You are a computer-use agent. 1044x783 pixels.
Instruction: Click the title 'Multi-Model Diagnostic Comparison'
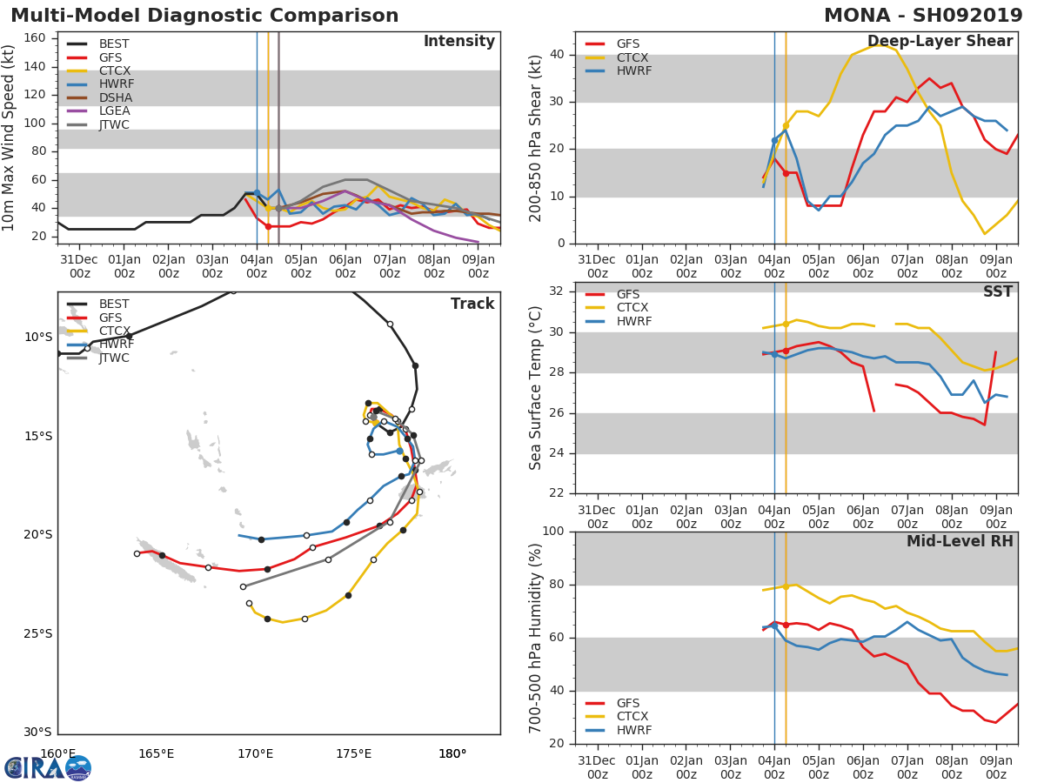204,16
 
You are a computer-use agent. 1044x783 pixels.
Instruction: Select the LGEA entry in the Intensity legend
114,110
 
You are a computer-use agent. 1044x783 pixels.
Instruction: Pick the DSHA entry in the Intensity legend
114,97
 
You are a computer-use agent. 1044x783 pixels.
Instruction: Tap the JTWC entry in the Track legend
114,358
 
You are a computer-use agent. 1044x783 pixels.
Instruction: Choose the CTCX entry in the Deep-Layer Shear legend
632,57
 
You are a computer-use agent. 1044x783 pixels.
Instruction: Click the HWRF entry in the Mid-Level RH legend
632,730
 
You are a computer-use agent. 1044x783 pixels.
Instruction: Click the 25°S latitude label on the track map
37,633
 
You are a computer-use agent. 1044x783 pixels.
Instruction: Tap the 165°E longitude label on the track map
156,753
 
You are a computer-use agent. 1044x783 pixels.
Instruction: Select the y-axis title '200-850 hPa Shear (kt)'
537,137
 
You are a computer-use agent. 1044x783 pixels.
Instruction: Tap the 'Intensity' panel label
458,41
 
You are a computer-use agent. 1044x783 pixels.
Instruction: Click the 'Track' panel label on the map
472,304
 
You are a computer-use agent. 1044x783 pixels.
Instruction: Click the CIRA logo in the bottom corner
48,767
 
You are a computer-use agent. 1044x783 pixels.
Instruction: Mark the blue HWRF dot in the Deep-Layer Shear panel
774,140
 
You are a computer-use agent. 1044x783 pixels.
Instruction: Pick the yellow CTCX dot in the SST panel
786,324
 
